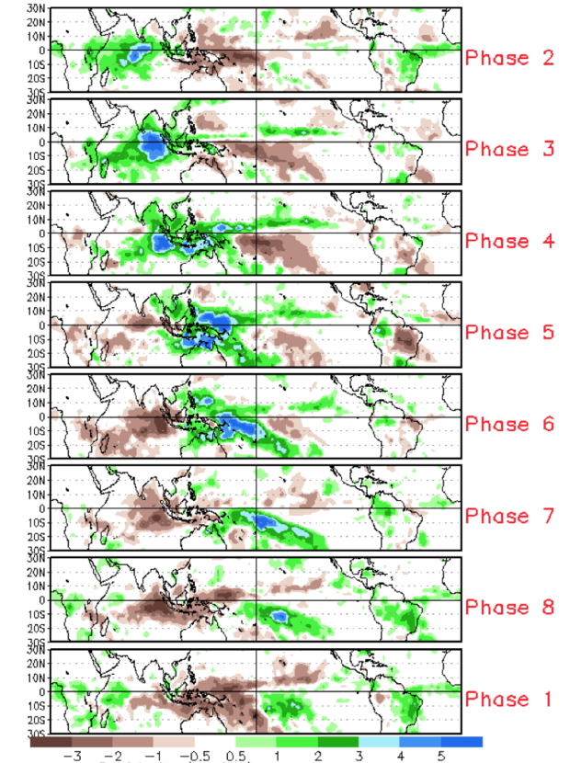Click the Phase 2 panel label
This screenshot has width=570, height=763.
[509, 58]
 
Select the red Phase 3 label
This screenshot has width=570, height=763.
[509, 149]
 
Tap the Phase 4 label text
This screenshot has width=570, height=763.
[509, 241]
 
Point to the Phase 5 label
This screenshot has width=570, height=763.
[509, 333]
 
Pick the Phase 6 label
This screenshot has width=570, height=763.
[509, 425]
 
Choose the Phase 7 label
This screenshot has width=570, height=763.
[509, 516]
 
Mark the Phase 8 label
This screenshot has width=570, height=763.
[509, 608]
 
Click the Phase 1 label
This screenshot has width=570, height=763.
[509, 700]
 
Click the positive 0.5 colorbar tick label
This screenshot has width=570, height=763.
[236, 755]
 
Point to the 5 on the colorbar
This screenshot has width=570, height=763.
[441, 755]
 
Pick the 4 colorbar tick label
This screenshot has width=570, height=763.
[400, 755]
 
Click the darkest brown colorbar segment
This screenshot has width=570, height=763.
[51, 742]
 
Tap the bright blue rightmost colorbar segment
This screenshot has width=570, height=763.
[462, 742]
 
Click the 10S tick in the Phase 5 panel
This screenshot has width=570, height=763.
[38, 339]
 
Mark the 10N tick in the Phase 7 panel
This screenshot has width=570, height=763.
[38, 495]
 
